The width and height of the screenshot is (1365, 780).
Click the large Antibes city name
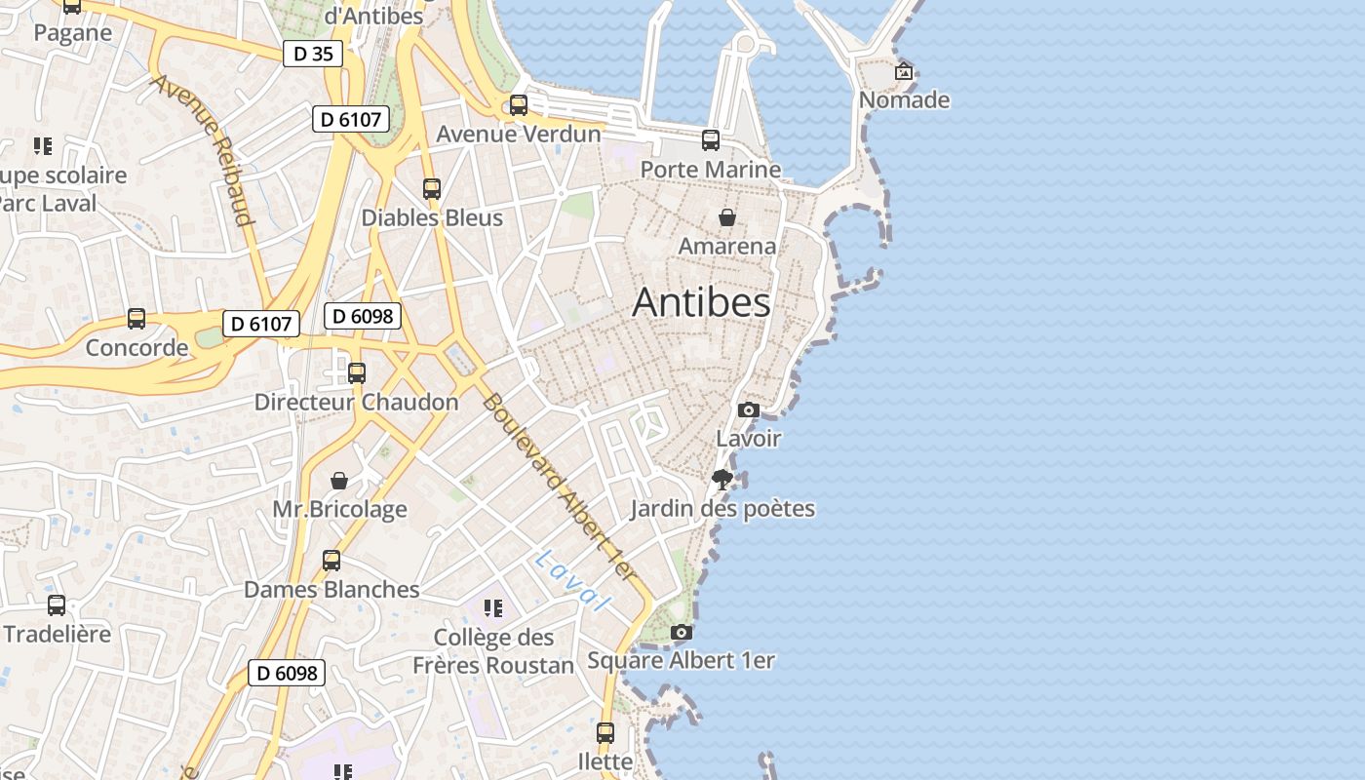[x=701, y=302]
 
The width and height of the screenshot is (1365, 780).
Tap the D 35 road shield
[x=313, y=54]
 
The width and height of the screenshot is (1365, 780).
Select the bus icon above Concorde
[x=136, y=319]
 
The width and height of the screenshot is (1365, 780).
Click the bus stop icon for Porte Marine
[x=711, y=140]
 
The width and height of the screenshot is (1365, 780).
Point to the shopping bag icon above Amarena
[x=726, y=216]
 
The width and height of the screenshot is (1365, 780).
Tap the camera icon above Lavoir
[x=748, y=409]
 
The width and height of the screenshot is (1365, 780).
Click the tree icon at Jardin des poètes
[x=722, y=479]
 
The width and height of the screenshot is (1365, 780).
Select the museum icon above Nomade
[x=904, y=71]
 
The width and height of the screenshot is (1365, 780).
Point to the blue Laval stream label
[x=572, y=581]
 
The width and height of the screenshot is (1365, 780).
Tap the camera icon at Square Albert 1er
[x=682, y=633]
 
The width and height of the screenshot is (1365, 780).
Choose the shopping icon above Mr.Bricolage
[x=339, y=481]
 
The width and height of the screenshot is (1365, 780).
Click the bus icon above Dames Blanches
[x=331, y=561]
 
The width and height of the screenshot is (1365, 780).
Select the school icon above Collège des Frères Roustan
[x=493, y=609]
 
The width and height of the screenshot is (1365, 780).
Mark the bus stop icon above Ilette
[x=605, y=732]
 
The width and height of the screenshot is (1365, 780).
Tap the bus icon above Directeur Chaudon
[x=357, y=372]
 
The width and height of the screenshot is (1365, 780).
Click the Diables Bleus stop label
[x=432, y=217]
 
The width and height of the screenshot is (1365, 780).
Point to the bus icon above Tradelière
[x=57, y=605]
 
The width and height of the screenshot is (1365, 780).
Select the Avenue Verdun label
[x=518, y=134]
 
